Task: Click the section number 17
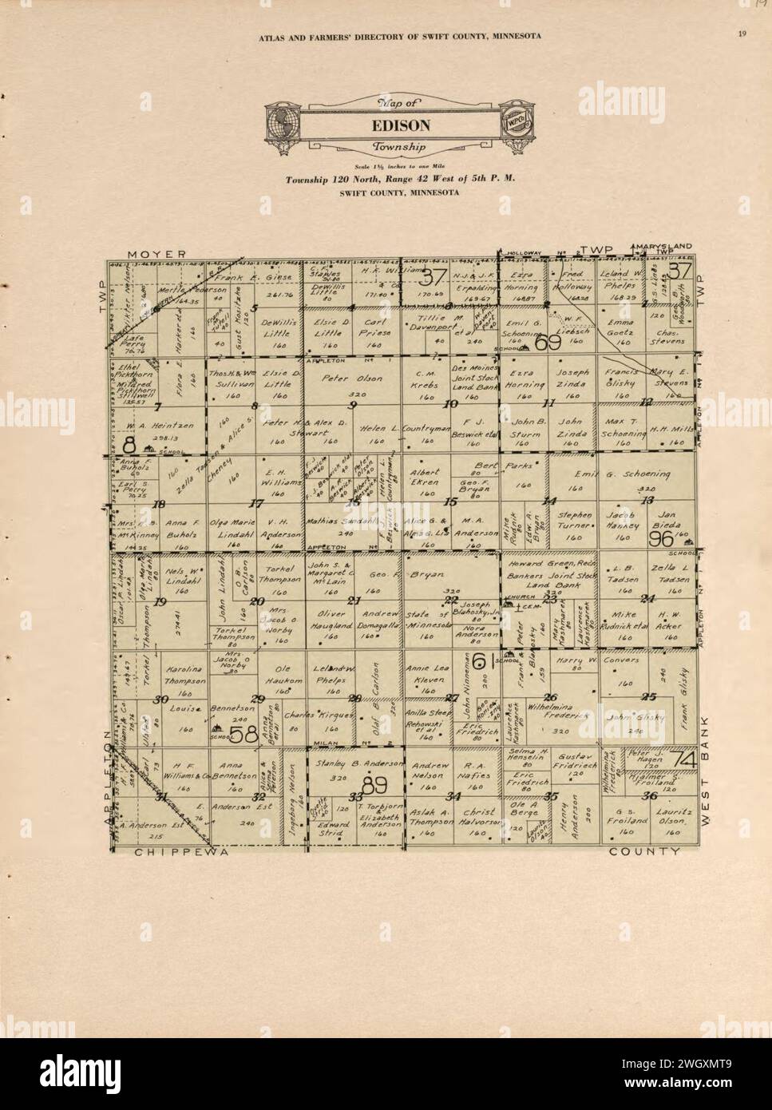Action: pyautogui.click(x=256, y=504)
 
